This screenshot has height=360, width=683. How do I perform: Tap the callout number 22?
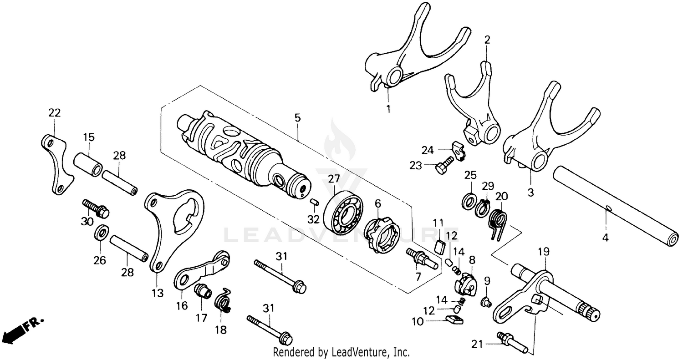coord(54,113)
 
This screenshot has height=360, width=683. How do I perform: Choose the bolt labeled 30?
coord(96,208)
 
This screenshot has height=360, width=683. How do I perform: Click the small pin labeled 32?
coord(314,202)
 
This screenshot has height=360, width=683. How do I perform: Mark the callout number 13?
coord(157,294)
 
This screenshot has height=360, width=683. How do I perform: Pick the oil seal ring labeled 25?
coord(469,200)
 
